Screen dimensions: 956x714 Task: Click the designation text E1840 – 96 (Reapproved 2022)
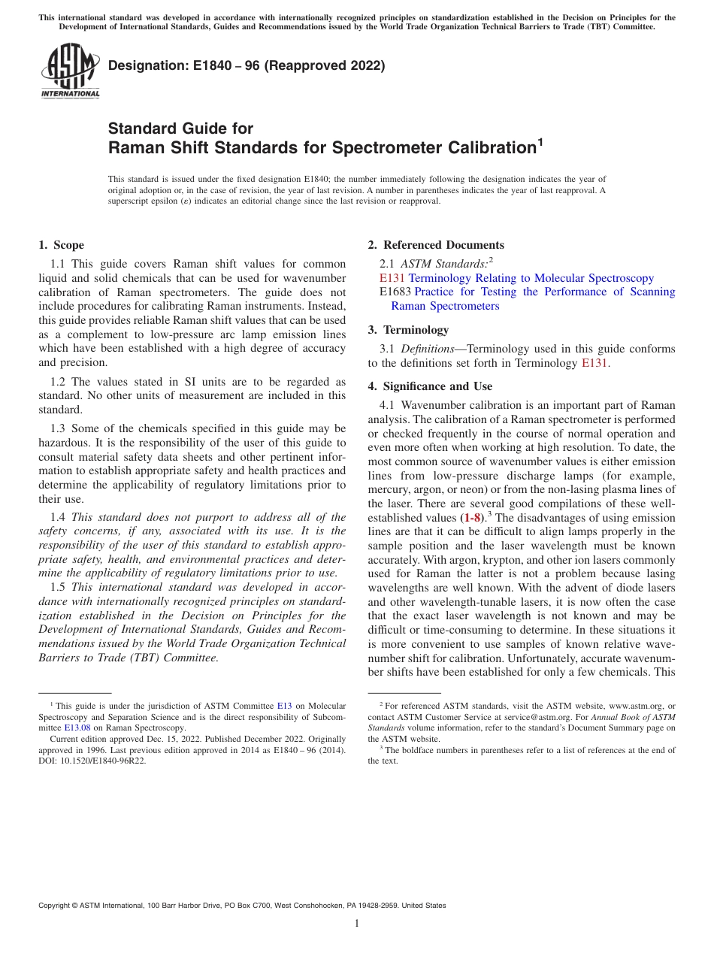coord(247,65)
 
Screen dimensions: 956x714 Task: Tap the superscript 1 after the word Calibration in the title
coord(540,141)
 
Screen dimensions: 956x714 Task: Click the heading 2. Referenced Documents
coord(436,245)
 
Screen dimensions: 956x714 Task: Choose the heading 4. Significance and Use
coord(430,386)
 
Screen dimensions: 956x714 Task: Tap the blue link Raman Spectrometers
coord(445,306)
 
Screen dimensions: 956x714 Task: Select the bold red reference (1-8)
coord(472,518)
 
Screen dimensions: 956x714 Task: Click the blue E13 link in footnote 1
coord(284,706)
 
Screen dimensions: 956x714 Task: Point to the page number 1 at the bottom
coord(357,924)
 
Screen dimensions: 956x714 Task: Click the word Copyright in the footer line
coord(57,906)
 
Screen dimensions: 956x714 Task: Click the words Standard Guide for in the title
coord(181,129)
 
